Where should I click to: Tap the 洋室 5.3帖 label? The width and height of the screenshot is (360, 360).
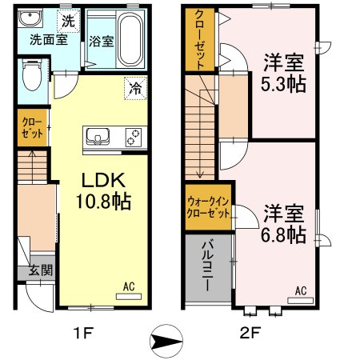click(285, 73)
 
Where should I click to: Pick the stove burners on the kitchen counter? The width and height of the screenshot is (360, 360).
click(130, 138)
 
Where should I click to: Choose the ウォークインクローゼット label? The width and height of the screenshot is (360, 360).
click(208, 209)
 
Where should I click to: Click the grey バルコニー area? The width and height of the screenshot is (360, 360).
click(208, 265)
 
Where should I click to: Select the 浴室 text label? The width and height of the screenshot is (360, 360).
click(101, 40)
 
